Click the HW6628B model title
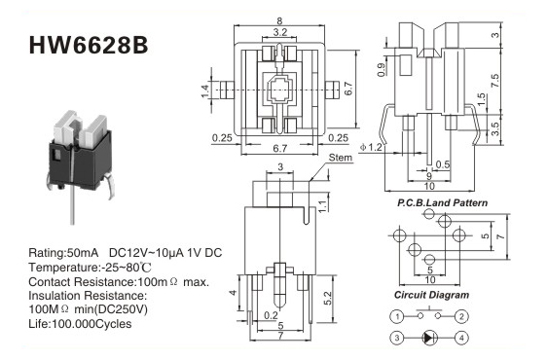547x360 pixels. (x=89, y=46)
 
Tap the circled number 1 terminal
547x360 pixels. (x=397, y=317)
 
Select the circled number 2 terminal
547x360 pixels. (x=461, y=317)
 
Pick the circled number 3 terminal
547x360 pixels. (x=397, y=338)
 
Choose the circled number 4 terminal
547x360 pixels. (x=461, y=338)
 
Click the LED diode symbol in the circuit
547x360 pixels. (x=429, y=338)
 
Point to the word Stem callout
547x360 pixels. (x=341, y=158)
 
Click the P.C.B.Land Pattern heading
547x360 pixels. (x=442, y=202)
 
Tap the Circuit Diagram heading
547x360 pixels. (x=431, y=295)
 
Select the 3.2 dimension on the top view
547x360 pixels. (x=280, y=32)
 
